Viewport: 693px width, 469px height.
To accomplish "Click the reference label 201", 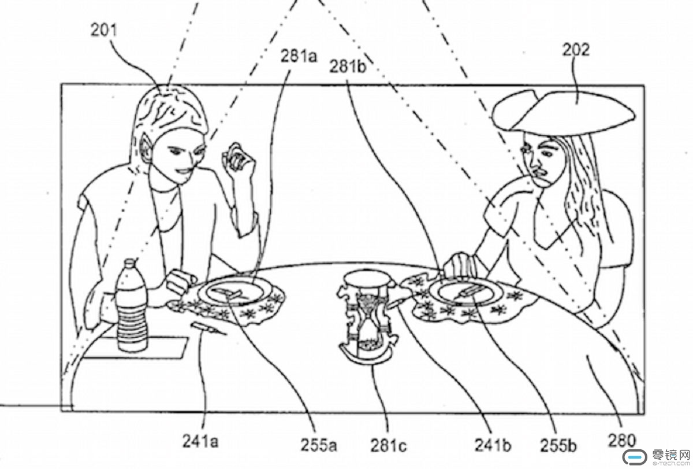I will (x=103, y=31).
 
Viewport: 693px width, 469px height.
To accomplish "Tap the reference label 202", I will (x=576, y=50).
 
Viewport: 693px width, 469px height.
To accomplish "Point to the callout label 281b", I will (x=348, y=67).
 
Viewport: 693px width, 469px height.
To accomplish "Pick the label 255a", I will (x=318, y=445).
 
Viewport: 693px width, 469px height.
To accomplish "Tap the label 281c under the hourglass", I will (x=388, y=445).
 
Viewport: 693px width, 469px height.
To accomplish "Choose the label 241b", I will (x=493, y=445).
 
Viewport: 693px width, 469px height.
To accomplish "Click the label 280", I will (x=621, y=441).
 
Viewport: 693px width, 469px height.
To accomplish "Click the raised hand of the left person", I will (x=239, y=159).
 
